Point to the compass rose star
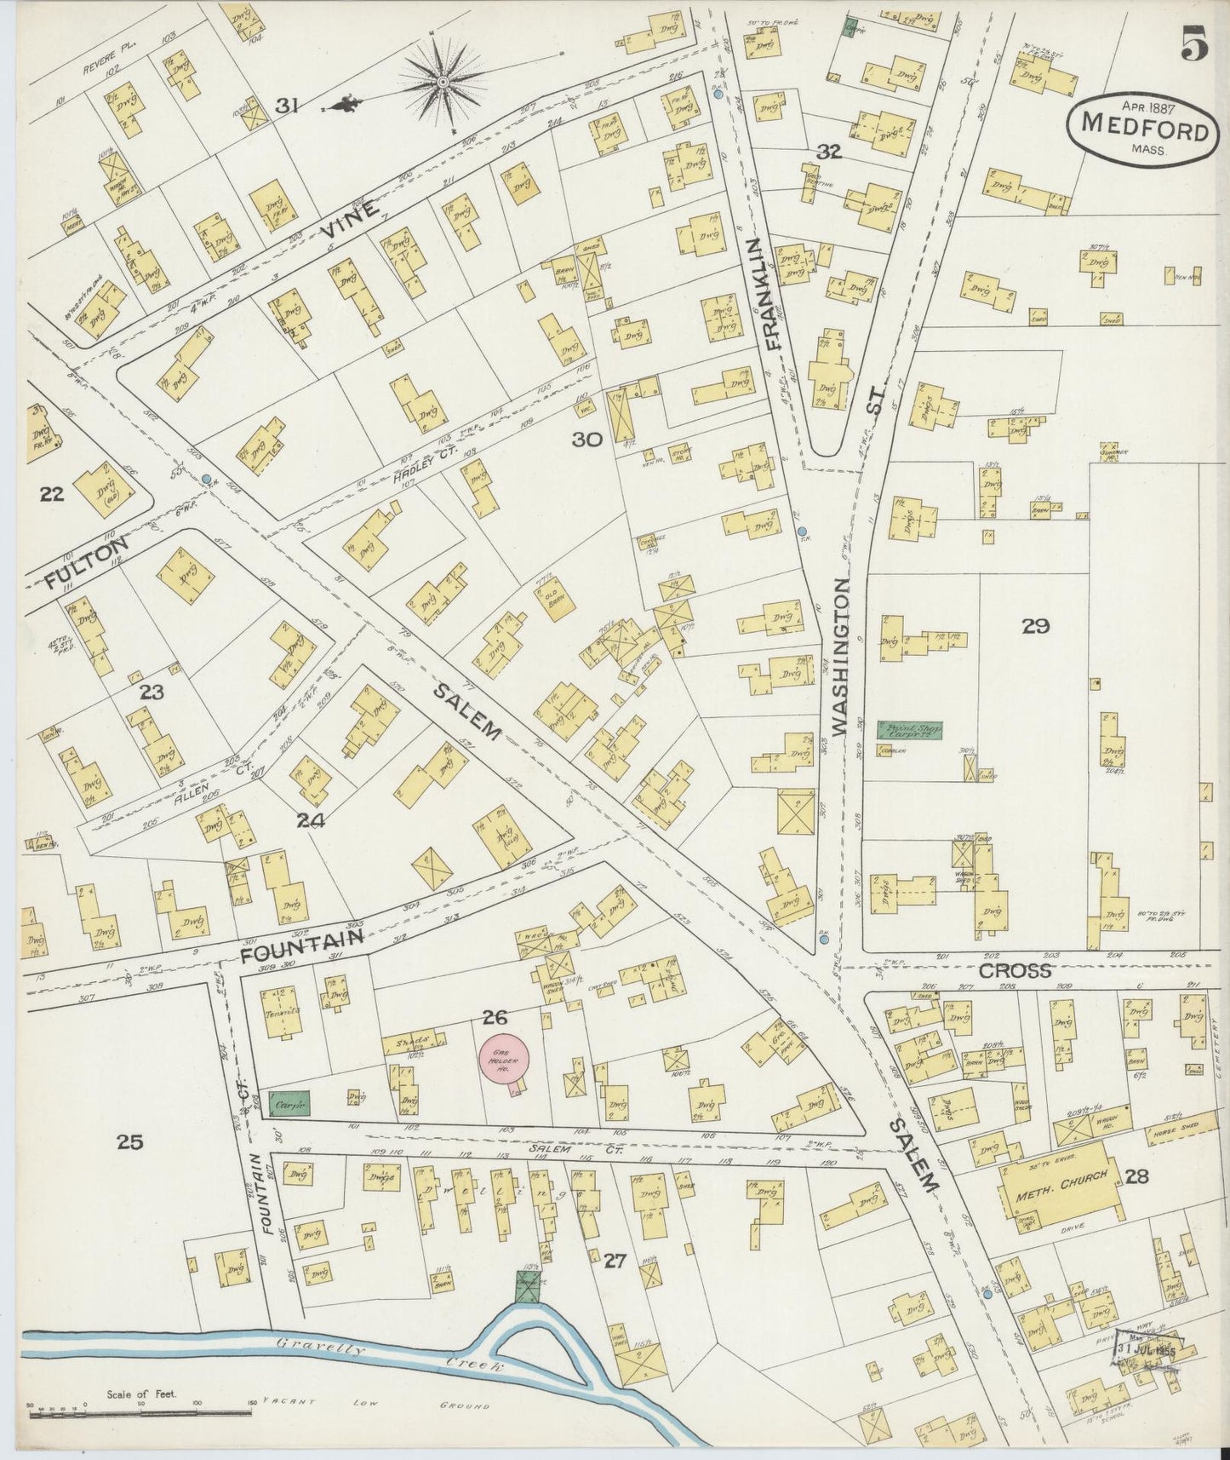coord(443,82)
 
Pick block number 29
coord(1036,627)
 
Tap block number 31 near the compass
coord(286,106)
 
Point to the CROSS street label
coord(1015,970)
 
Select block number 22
coord(52,493)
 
